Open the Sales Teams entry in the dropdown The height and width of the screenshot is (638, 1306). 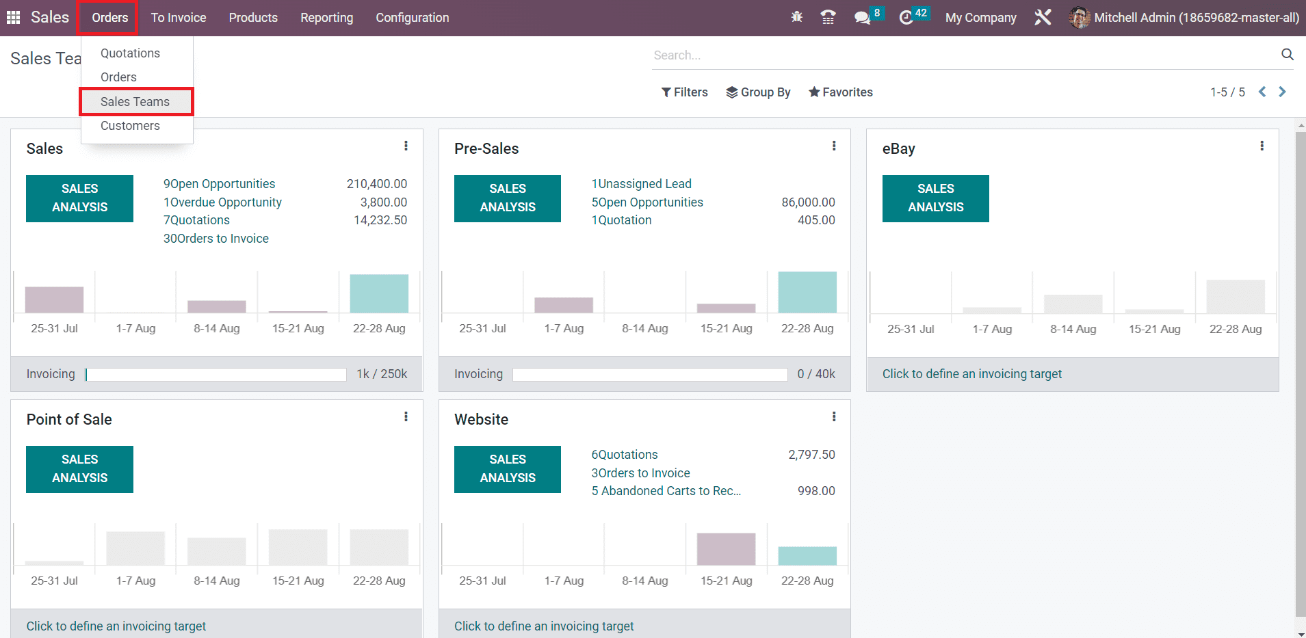tap(135, 102)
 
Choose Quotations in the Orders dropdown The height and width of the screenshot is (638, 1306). tap(130, 53)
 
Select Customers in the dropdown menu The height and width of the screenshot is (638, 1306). tap(130, 126)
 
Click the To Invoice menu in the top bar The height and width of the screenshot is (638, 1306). tap(179, 18)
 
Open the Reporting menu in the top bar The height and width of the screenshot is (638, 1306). tap(326, 18)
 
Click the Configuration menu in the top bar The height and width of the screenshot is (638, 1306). tap(412, 18)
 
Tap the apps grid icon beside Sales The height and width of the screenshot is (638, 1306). tap(13, 18)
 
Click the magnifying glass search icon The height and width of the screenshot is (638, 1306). tap(1287, 55)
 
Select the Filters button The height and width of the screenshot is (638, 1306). tap(684, 92)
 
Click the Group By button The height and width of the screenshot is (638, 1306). tap(758, 92)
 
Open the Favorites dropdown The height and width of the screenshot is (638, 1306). tap(841, 92)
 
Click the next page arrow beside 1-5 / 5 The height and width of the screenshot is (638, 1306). tap(1282, 92)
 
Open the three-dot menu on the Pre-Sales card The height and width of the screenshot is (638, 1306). tap(833, 146)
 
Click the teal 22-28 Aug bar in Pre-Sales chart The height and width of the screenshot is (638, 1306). tap(807, 293)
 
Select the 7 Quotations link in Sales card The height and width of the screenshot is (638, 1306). tap(196, 220)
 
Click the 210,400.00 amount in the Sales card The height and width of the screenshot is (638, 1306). tap(376, 184)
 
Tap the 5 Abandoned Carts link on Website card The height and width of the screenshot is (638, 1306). tap(666, 491)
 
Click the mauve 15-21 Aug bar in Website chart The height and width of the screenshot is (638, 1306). tap(726, 549)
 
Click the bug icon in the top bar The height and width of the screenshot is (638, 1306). tap(796, 17)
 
